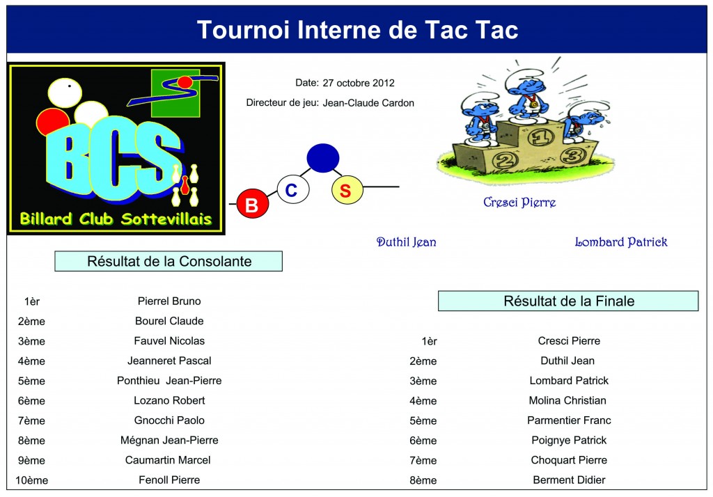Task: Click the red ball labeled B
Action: tap(252, 204)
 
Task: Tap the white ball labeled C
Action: tap(293, 189)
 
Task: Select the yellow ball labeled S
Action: tap(347, 190)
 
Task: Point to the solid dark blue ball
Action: tap(323, 158)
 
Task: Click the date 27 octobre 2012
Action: tap(359, 84)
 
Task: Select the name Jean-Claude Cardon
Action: tap(368, 103)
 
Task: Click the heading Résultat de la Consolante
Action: tap(169, 262)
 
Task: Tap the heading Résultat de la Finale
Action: tap(568, 301)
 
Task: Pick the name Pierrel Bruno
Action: tap(169, 301)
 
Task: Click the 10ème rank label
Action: tap(32, 480)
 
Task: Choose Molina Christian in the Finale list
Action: tap(567, 401)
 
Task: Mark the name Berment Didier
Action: tap(570, 480)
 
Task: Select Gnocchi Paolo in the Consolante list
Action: tap(169, 420)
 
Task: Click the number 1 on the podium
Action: tap(540, 137)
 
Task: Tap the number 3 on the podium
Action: tap(572, 156)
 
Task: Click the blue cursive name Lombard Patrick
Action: tap(621, 242)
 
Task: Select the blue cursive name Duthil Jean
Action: tap(407, 242)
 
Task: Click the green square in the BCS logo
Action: tap(175, 93)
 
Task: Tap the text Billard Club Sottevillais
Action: tap(116, 219)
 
